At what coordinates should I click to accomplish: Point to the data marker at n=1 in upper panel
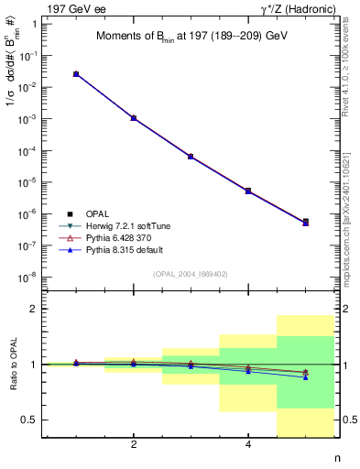[76, 73]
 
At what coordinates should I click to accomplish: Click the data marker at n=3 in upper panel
[191, 157]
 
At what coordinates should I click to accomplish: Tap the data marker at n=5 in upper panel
[306, 222]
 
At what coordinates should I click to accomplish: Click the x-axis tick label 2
[134, 445]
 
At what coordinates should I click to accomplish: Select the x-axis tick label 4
[248, 445]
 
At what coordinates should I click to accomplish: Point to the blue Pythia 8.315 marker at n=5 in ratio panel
[306, 377]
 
